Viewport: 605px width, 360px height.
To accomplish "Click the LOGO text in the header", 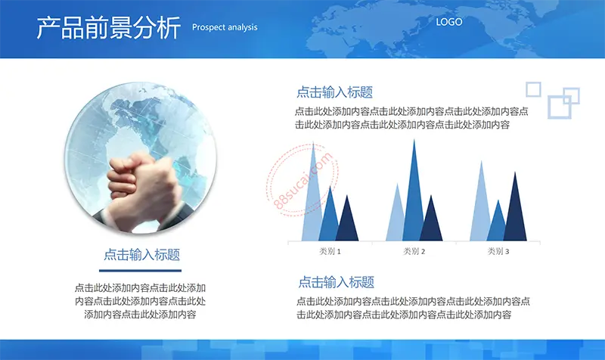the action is pyautogui.click(x=448, y=22).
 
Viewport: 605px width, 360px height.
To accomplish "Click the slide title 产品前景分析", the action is pyautogui.click(x=108, y=27).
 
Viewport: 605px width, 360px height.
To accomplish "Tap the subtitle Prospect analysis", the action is pyautogui.click(x=225, y=27).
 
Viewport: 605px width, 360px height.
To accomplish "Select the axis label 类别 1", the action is pyautogui.click(x=330, y=251).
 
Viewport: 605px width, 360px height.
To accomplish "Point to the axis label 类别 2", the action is pyautogui.click(x=414, y=251).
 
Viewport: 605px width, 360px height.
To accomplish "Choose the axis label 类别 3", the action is pyautogui.click(x=498, y=251).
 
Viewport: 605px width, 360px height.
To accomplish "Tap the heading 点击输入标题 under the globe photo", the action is pyautogui.click(x=141, y=255).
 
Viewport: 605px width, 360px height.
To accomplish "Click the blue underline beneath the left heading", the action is pyautogui.click(x=140, y=271).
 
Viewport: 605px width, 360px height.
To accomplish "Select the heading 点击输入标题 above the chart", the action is pyautogui.click(x=334, y=92).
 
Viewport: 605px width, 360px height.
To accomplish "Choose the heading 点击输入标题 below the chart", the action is pyautogui.click(x=336, y=282).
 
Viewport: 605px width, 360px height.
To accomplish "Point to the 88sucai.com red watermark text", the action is pyautogui.click(x=303, y=181).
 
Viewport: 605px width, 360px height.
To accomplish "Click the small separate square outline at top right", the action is pyautogui.click(x=533, y=89).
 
